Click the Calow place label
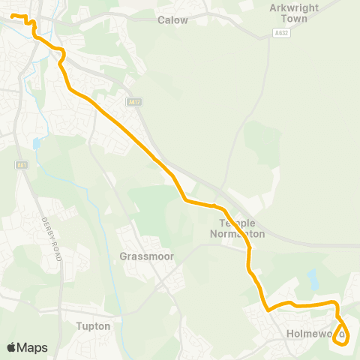click(x=172, y=20)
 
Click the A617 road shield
click(x=135, y=102)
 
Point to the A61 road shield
click(x=20, y=165)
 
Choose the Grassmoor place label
click(x=146, y=256)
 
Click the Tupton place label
click(x=94, y=326)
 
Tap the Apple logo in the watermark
click(x=12, y=347)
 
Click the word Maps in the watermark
click(x=33, y=347)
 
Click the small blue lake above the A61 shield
click(x=36, y=142)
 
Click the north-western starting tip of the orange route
click(x=13, y=16)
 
